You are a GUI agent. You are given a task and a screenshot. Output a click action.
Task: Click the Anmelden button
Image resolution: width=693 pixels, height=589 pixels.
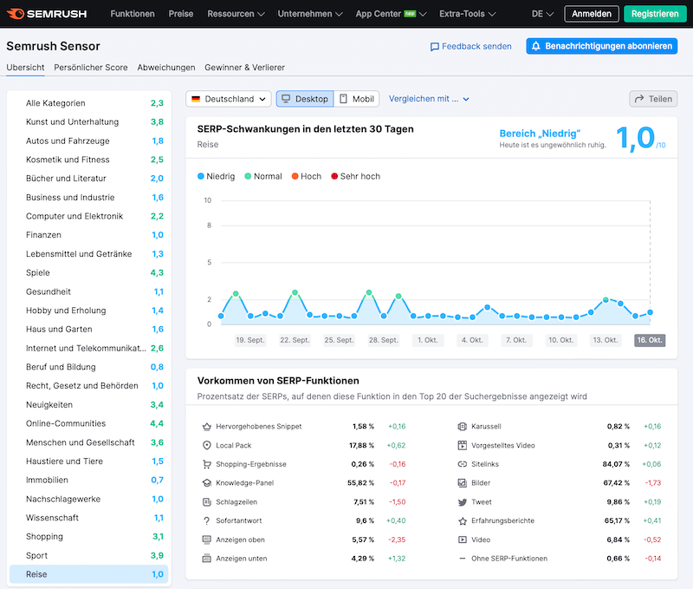pyautogui.click(x=592, y=14)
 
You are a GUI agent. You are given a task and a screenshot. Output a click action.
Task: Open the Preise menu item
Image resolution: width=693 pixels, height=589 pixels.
pyautogui.click(x=181, y=14)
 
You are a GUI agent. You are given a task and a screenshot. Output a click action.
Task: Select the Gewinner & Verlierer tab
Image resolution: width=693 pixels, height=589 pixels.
pyautogui.click(x=244, y=68)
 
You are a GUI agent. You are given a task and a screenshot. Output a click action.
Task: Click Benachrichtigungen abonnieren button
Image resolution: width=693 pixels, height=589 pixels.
pyautogui.click(x=601, y=46)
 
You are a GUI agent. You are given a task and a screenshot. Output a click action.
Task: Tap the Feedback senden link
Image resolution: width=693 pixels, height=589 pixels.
pyautogui.click(x=471, y=47)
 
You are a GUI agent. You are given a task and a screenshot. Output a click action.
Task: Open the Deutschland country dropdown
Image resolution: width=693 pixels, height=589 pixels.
pyautogui.click(x=229, y=99)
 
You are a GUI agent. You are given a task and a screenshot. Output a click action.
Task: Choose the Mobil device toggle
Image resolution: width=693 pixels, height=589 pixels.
pyautogui.click(x=357, y=99)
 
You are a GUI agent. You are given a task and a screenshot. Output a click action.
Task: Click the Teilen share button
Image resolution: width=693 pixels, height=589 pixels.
pyautogui.click(x=653, y=99)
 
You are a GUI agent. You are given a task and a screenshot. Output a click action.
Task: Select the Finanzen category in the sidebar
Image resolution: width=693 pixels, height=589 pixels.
pyautogui.click(x=43, y=235)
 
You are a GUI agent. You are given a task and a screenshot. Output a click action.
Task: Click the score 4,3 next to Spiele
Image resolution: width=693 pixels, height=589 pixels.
pyautogui.click(x=157, y=272)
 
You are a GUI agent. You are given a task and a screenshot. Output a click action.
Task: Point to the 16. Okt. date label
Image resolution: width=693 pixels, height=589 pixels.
pyautogui.click(x=650, y=340)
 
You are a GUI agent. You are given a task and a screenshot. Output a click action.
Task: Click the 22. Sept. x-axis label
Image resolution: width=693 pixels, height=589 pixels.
pyautogui.click(x=295, y=340)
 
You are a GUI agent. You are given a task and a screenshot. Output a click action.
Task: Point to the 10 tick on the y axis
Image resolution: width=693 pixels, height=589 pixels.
pyautogui.click(x=207, y=200)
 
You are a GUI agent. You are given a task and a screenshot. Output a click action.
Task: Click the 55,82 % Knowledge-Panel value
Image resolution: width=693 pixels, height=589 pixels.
pyautogui.click(x=359, y=483)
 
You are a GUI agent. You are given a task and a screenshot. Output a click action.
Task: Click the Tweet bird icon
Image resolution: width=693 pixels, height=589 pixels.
pyautogui.click(x=463, y=502)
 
